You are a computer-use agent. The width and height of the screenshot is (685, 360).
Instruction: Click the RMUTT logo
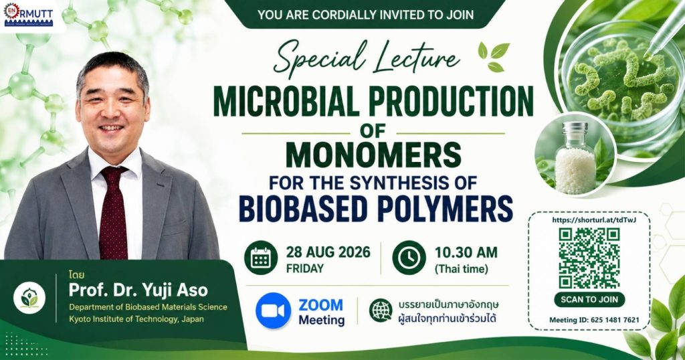pyautogui.click(x=28, y=15)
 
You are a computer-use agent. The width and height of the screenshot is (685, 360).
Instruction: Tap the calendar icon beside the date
pyautogui.click(x=261, y=258)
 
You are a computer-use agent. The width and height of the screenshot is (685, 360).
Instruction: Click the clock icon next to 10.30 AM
pyautogui.click(x=409, y=258)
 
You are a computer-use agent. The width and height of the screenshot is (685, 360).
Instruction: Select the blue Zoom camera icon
pyautogui.click(x=274, y=310)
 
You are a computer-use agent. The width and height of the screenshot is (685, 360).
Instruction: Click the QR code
pyautogui.click(x=589, y=258)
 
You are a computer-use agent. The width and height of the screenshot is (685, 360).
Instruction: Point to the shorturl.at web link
pyautogui.click(x=594, y=219)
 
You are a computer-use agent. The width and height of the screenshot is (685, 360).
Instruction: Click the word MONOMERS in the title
pyautogui.click(x=373, y=156)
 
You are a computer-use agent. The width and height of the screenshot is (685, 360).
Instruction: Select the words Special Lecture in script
pyautogui.click(x=366, y=58)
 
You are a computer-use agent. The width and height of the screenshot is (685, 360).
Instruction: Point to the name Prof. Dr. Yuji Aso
pyautogui.click(x=138, y=290)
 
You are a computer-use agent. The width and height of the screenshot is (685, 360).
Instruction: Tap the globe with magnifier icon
pyautogui.click(x=381, y=310)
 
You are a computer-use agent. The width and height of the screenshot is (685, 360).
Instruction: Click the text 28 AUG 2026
pyautogui.click(x=328, y=252)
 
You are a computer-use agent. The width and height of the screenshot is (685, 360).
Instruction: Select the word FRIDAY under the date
pyautogui.click(x=305, y=268)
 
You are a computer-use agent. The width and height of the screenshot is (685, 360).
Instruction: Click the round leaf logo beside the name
pyautogui.click(x=29, y=298)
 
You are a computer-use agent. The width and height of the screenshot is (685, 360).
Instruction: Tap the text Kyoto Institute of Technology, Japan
pyautogui.click(x=136, y=319)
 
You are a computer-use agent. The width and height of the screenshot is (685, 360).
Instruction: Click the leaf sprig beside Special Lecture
pyautogui.click(x=494, y=57)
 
